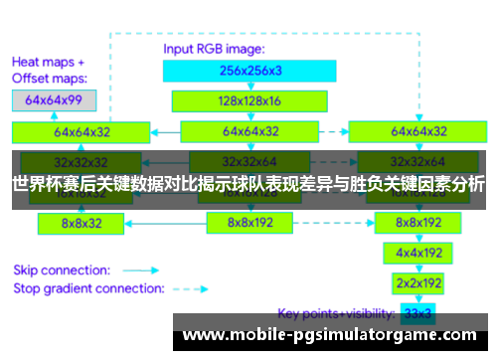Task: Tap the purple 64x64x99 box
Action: (x=54, y=100)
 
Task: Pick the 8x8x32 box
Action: (x=82, y=224)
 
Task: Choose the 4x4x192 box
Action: (x=418, y=254)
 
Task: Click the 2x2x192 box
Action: (x=418, y=282)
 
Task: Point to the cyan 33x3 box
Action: (x=418, y=313)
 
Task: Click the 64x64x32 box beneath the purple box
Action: (x=82, y=131)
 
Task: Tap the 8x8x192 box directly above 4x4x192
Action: (x=418, y=224)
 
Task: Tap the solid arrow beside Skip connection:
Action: (x=146, y=270)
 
